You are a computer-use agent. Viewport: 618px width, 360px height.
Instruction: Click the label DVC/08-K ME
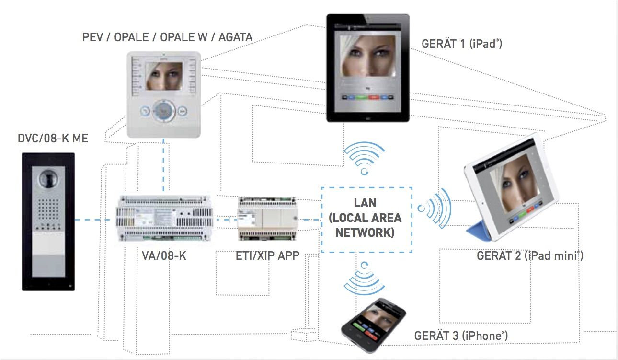(53, 139)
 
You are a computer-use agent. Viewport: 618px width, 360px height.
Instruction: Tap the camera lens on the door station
(48, 178)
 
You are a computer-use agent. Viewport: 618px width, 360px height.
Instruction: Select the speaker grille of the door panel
(48, 209)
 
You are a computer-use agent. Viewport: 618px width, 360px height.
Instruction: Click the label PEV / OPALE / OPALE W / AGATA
(167, 37)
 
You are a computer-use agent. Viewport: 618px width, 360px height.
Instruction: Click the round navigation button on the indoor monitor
(163, 111)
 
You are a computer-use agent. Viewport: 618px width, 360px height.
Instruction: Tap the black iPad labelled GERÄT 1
(367, 68)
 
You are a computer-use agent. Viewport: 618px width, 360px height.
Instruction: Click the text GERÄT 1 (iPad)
(461, 44)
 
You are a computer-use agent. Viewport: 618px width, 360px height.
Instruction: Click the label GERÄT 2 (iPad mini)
(529, 255)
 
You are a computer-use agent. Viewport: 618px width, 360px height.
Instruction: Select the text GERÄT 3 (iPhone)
(461, 336)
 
